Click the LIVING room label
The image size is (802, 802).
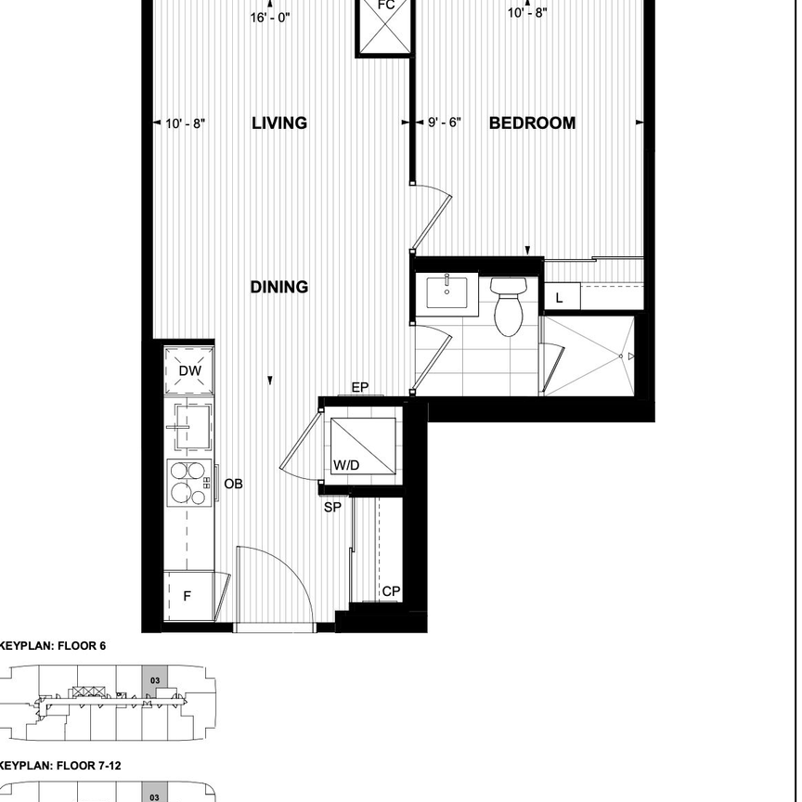pos(279,123)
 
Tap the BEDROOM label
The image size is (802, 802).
pos(532,123)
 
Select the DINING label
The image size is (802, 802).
pos(279,288)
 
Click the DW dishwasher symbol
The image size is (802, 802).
pos(188,371)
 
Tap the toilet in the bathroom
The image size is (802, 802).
pos(508,306)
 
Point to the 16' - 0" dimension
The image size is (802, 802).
pos(270,17)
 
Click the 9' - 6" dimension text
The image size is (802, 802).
pos(444,123)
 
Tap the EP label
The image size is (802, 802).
pos(360,388)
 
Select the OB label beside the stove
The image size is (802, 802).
pos(233,485)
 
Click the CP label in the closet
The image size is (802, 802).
pos(390,591)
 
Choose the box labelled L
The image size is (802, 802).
pos(561,297)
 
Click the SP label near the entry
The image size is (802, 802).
pos(331,508)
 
